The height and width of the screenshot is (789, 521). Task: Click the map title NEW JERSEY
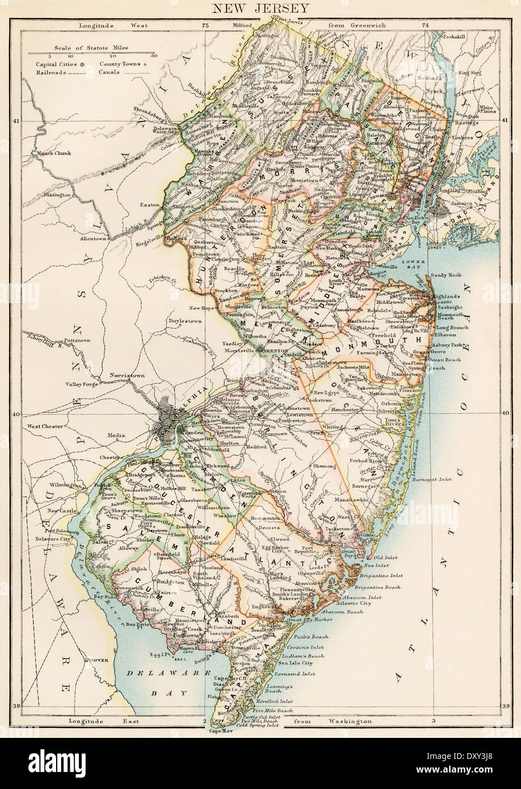click(x=261, y=8)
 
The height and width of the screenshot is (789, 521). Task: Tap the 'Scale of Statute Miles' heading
click(x=90, y=48)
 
